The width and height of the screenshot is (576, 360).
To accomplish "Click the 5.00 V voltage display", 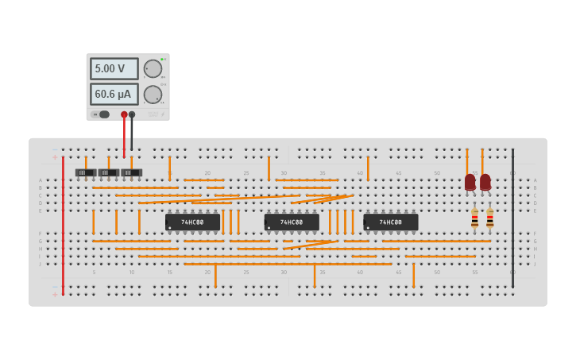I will pos(114,69).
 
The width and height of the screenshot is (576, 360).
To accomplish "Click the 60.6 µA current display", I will pos(114,95).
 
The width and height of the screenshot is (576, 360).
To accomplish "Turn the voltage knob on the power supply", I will pos(153,69).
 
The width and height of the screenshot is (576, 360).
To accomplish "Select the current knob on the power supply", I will pos(153,95).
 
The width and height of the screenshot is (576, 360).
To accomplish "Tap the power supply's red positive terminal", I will pos(124,114).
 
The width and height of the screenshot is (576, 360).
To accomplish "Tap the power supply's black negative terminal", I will pos(132,114).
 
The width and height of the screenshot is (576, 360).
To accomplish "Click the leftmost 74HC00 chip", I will pos(192,223).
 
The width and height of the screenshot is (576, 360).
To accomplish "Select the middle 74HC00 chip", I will pos(292,223).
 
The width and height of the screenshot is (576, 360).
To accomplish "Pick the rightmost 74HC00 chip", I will pos(390,223).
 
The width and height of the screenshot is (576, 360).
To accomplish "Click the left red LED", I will pos(470,182).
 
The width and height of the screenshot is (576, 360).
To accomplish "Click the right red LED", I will pos(485,182).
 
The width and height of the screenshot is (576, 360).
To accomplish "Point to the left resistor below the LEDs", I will pos(475,219).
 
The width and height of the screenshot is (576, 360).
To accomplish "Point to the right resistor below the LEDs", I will pos(490,219).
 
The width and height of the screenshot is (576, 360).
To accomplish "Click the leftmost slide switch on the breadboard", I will pos(85,172).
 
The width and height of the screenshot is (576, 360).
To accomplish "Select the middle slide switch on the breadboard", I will pos(108,172).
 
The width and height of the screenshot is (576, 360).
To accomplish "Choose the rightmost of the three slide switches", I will pos(131,172).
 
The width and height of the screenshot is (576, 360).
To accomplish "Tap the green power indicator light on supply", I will pos(162,59).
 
